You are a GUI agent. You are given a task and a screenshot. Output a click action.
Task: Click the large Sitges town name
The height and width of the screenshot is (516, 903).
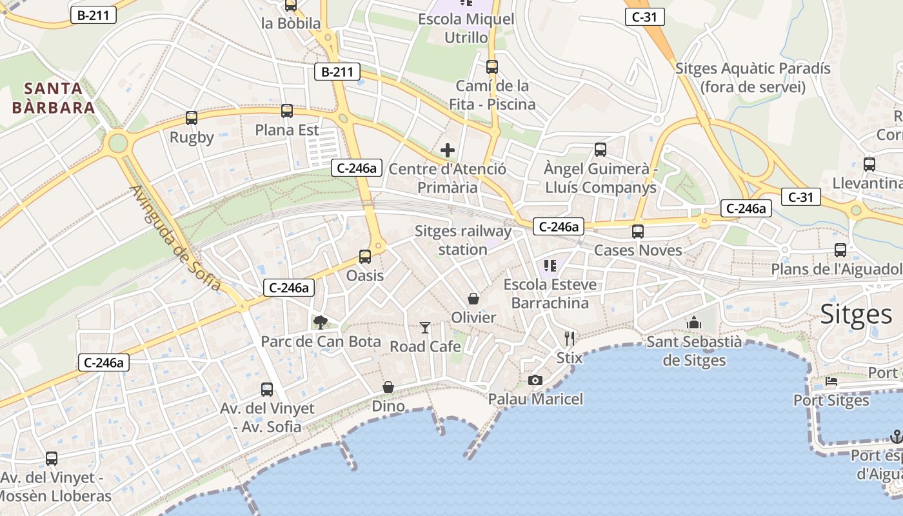click(855, 314)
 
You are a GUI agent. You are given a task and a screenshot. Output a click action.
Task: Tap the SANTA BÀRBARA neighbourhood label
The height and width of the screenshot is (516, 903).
click(54, 97)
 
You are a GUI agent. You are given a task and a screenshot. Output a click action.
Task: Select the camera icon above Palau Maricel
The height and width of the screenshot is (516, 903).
click(535, 381)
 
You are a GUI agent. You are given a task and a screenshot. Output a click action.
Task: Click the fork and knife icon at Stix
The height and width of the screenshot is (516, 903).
click(569, 338)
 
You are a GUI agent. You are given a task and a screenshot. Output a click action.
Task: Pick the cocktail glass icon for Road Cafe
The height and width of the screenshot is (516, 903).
click(424, 328)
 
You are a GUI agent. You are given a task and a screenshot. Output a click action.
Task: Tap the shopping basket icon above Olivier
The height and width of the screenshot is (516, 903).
click(473, 299)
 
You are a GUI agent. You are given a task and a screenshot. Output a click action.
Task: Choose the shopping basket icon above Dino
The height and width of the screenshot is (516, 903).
click(388, 387)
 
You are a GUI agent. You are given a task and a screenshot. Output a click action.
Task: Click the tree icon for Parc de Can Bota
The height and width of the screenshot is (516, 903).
click(320, 322)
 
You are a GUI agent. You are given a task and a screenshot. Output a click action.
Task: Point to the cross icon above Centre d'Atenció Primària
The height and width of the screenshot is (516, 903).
click(448, 151)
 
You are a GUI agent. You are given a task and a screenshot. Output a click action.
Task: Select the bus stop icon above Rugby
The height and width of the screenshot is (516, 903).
click(192, 118)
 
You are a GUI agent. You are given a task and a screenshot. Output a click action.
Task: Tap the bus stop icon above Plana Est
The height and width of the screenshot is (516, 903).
click(287, 111)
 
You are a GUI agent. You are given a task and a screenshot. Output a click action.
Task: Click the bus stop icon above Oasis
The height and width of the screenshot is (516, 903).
click(365, 257)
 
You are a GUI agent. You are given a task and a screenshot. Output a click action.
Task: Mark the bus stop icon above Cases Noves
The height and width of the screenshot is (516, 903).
click(638, 232)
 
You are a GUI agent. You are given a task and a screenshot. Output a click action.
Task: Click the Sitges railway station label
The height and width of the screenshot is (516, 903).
click(462, 240)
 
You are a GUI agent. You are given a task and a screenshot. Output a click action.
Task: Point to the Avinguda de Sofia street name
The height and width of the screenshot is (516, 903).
click(175, 238)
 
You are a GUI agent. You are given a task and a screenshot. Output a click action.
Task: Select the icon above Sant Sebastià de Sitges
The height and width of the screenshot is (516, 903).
click(694, 322)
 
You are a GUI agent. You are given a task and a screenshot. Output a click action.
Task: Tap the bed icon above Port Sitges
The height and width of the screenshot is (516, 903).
click(831, 381)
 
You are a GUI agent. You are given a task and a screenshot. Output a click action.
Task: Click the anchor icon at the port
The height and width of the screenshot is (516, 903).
click(896, 437)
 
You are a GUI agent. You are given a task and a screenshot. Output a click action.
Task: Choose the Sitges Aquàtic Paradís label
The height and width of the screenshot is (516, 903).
click(753, 77)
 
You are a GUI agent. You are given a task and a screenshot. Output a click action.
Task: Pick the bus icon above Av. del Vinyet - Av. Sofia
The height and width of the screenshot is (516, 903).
click(267, 390)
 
